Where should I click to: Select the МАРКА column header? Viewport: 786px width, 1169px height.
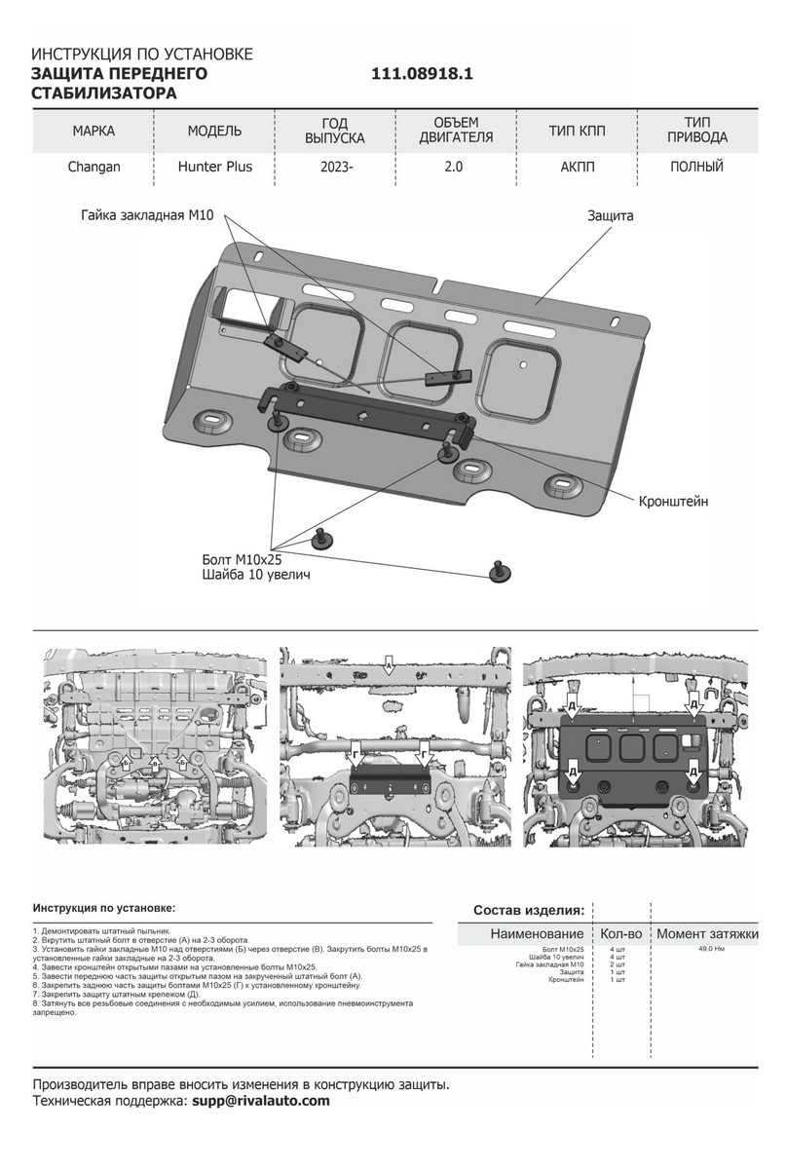(x=94, y=131)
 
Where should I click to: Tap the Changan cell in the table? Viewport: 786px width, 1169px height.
(x=94, y=167)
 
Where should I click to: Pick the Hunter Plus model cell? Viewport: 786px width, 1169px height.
(x=214, y=167)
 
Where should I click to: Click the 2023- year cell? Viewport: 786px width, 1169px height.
(x=336, y=167)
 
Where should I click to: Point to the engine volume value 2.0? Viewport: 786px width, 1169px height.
(x=455, y=167)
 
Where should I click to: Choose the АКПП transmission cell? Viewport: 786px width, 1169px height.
(x=578, y=167)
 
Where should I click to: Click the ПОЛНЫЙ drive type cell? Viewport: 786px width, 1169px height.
(x=696, y=167)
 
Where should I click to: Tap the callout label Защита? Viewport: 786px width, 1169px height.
(x=611, y=216)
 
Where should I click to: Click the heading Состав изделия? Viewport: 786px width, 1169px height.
(x=529, y=910)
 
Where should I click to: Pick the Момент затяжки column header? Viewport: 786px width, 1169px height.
(x=707, y=934)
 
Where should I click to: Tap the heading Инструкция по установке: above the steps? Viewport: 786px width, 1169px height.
(x=104, y=907)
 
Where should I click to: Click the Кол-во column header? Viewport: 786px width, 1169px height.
(x=619, y=934)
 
